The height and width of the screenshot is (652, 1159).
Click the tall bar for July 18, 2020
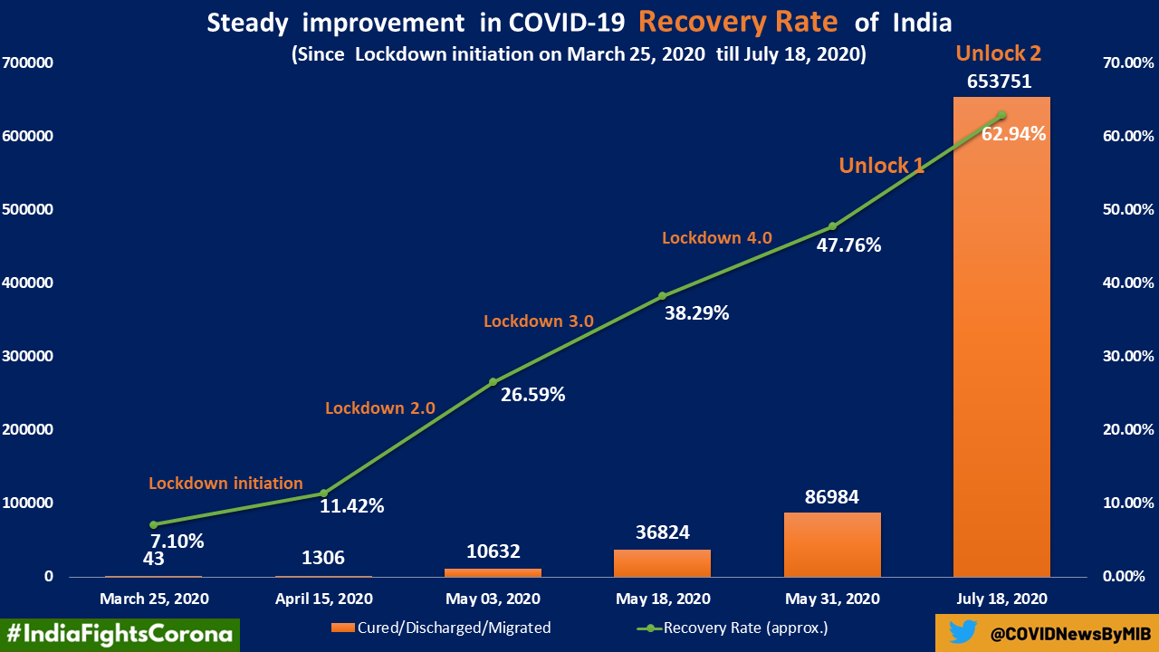pos(1001,344)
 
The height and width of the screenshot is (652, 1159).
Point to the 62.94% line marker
pos(1001,115)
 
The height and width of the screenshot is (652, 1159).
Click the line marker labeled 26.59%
pos(493,381)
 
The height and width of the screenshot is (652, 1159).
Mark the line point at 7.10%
pos(154,524)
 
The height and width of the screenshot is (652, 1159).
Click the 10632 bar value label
pos(493,552)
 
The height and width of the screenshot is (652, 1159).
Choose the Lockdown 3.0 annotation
pos(539,321)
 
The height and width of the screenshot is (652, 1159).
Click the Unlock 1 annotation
pos(881,166)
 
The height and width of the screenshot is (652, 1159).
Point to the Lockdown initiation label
pos(225,484)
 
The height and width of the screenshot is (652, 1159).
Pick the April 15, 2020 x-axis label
pos(323,599)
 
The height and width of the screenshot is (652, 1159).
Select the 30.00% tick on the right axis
pos(1126,356)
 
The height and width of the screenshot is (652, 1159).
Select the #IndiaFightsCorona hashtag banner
pos(119,634)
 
